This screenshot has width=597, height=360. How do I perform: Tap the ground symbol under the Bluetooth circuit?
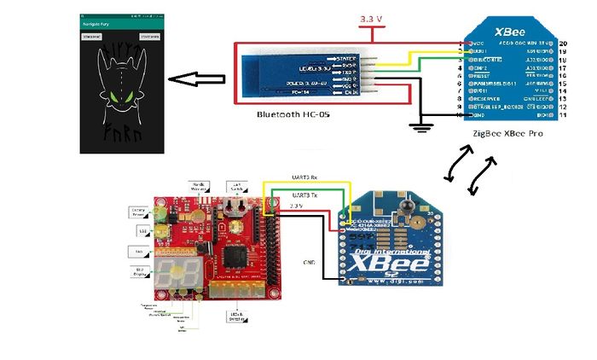(x=417, y=128)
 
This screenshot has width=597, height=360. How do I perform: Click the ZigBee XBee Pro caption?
(x=507, y=134)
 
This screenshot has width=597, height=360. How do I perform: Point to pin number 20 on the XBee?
(x=564, y=42)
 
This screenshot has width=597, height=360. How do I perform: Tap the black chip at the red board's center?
(x=234, y=255)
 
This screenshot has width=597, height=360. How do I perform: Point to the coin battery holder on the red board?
(x=232, y=209)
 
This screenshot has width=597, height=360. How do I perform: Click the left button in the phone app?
(x=90, y=37)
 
